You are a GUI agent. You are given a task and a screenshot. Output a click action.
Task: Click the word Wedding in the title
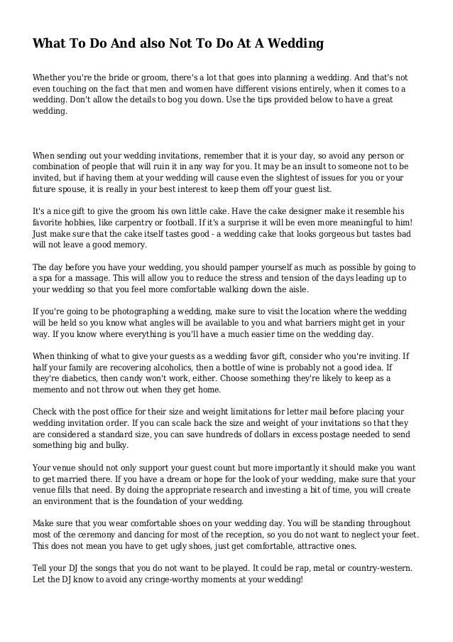pyautogui.click(x=293, y=44)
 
